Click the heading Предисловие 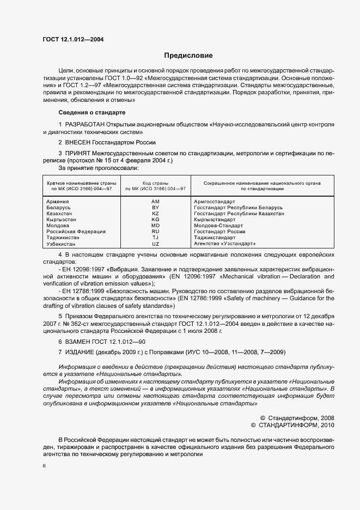click(x=188, y=56)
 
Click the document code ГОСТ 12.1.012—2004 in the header click(x=73, y=39)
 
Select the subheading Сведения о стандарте click(x=91, y=112)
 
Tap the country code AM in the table click(x=155, y=202)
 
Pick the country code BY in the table click(x=155, y=208)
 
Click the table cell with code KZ click(x=155, y=214)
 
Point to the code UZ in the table click(x=155, y=244)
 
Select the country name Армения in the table click(x=58, y=202)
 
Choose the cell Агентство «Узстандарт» click(x=224, y=244)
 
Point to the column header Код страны click(x=155, y=184)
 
